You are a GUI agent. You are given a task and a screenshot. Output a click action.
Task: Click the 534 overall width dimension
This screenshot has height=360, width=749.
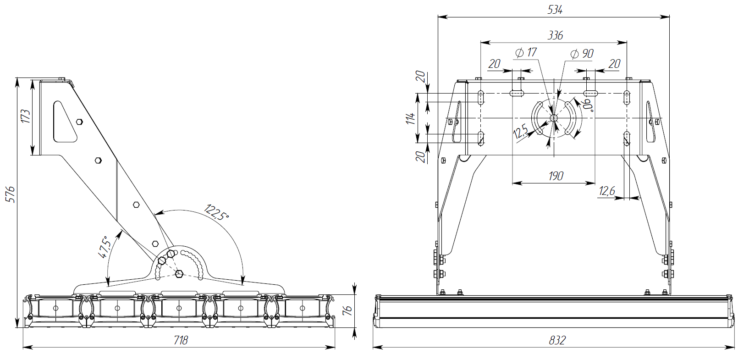555,10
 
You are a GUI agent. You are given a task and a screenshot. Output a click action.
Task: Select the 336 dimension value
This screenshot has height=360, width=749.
555,35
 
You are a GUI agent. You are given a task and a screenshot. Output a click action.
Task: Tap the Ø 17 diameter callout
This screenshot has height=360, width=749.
526,53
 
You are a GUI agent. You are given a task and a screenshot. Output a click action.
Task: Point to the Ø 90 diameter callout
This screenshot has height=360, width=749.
582,54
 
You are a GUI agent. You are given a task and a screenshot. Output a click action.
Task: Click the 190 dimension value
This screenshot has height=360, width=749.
556,176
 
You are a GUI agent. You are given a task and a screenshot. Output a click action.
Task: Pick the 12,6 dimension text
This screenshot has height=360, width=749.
607,191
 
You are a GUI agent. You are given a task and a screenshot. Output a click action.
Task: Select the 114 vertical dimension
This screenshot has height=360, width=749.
411,118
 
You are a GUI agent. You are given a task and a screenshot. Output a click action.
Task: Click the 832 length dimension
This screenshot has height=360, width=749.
557,340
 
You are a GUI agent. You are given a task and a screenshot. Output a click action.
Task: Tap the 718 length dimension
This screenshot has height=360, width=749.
181,340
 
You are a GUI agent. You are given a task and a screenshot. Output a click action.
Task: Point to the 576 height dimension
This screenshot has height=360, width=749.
11,194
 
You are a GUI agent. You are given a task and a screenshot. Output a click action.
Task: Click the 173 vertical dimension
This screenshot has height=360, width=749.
25,116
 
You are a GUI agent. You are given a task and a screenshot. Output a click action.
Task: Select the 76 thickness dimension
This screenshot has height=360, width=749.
348,310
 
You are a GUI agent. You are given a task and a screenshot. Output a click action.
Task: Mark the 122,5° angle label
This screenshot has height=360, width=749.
217,212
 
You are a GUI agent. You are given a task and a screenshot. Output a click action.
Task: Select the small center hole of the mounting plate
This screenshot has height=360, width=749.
553,118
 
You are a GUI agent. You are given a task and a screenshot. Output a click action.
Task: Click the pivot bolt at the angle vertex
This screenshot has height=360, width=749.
179,274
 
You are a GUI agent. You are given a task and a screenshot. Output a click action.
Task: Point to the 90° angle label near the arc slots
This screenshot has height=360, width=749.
588,105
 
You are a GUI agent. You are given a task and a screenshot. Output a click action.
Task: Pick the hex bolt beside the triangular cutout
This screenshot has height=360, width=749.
79,122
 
